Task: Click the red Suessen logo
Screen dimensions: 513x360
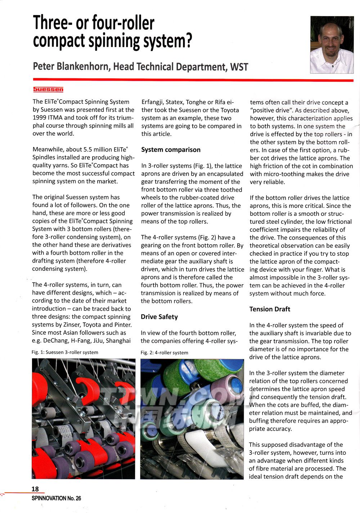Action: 48,89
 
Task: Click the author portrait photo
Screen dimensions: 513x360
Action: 332,45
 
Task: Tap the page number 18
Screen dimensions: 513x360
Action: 35,489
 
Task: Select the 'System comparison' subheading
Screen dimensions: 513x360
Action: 171,150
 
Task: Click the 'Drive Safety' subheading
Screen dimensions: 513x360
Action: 159,317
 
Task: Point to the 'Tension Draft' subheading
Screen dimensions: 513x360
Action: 270,309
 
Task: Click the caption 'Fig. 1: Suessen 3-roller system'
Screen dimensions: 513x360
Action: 65,352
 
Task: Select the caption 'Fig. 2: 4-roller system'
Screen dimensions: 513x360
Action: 164,353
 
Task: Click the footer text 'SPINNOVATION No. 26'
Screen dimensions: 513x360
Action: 56,498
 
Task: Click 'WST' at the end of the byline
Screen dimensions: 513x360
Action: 239,67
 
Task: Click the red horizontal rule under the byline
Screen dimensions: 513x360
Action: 193,80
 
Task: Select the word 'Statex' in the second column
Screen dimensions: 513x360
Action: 174,102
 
